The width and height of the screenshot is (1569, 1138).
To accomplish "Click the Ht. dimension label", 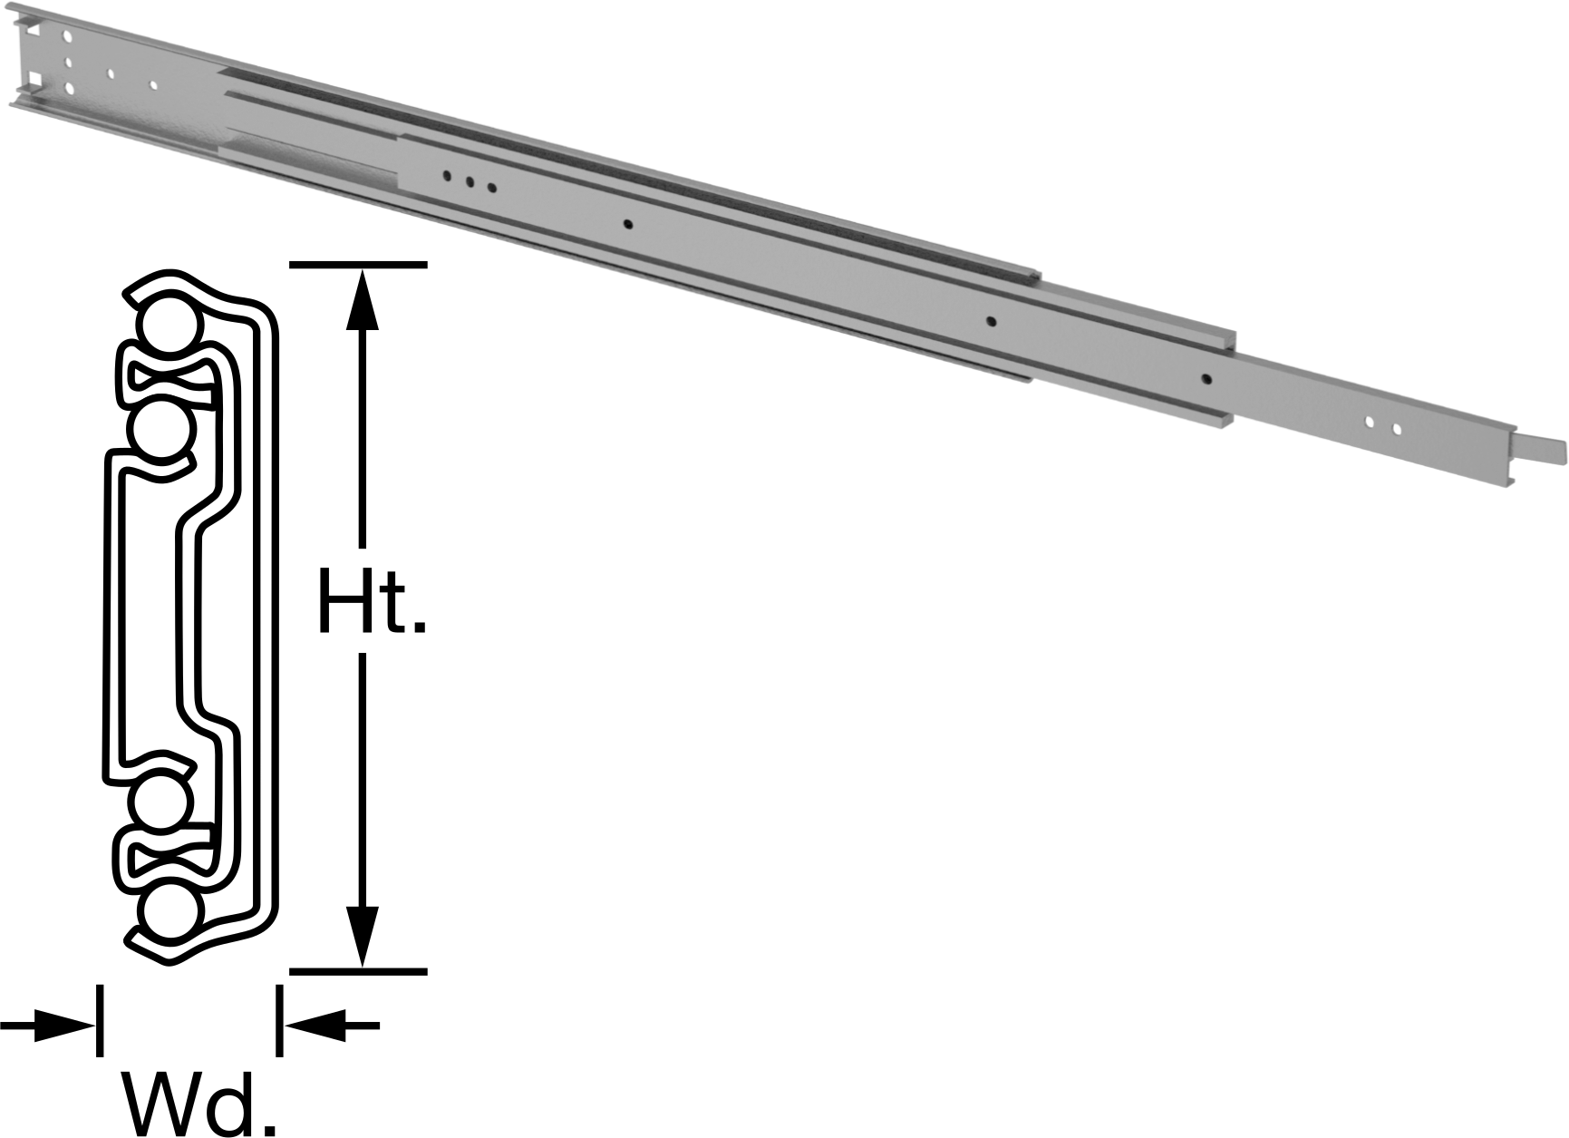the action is tap(371, 599).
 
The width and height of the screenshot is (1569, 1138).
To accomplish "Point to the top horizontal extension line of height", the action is tap(358, 265).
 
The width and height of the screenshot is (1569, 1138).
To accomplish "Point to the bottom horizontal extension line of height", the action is tap(358, 971).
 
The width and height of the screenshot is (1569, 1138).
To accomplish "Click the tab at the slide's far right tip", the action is tap(1541, 448).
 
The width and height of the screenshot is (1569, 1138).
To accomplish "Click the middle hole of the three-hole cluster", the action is tap(470, 182).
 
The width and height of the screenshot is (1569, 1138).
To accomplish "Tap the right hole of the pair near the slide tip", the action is tap(1397, 429).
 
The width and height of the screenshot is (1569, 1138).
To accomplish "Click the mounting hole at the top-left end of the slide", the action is tap(66, 38).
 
